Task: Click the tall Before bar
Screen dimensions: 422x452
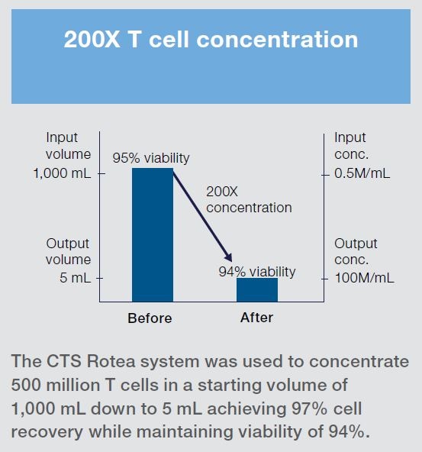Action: click(x=153, y=235)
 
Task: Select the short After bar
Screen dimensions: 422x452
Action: click(x=257, y=289)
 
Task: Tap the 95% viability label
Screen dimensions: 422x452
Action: click(x=151, y=158)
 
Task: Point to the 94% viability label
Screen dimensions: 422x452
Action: click(x=257, y=272)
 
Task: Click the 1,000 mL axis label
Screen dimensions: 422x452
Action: click(x=62, y=173)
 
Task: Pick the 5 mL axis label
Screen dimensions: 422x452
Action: click(x=76, y=278)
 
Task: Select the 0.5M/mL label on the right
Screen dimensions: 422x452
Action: click(x=362, y=173)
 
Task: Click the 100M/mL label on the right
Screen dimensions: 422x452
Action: click(x=364, y=278)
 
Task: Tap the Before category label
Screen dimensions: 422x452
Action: click(x=150, y=318)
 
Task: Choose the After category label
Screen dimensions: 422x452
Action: click(x=256, y=318)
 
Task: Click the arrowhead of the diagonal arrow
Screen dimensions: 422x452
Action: click(x=228, y=257)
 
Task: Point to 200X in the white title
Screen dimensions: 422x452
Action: click(x=92, y=39)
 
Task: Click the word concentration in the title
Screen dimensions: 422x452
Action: click(x=277, y=39)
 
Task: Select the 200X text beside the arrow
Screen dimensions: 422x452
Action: click(x=222, y=192)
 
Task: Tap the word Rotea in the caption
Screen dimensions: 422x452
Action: click(x=111, y=361)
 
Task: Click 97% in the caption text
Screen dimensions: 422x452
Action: click(x=310, y=408)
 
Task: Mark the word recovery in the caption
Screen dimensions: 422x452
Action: click(x=47, y=432)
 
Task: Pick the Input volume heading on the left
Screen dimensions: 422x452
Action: click(x=68, y=146)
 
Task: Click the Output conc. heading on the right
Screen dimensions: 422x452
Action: click(x=356, y=251)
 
